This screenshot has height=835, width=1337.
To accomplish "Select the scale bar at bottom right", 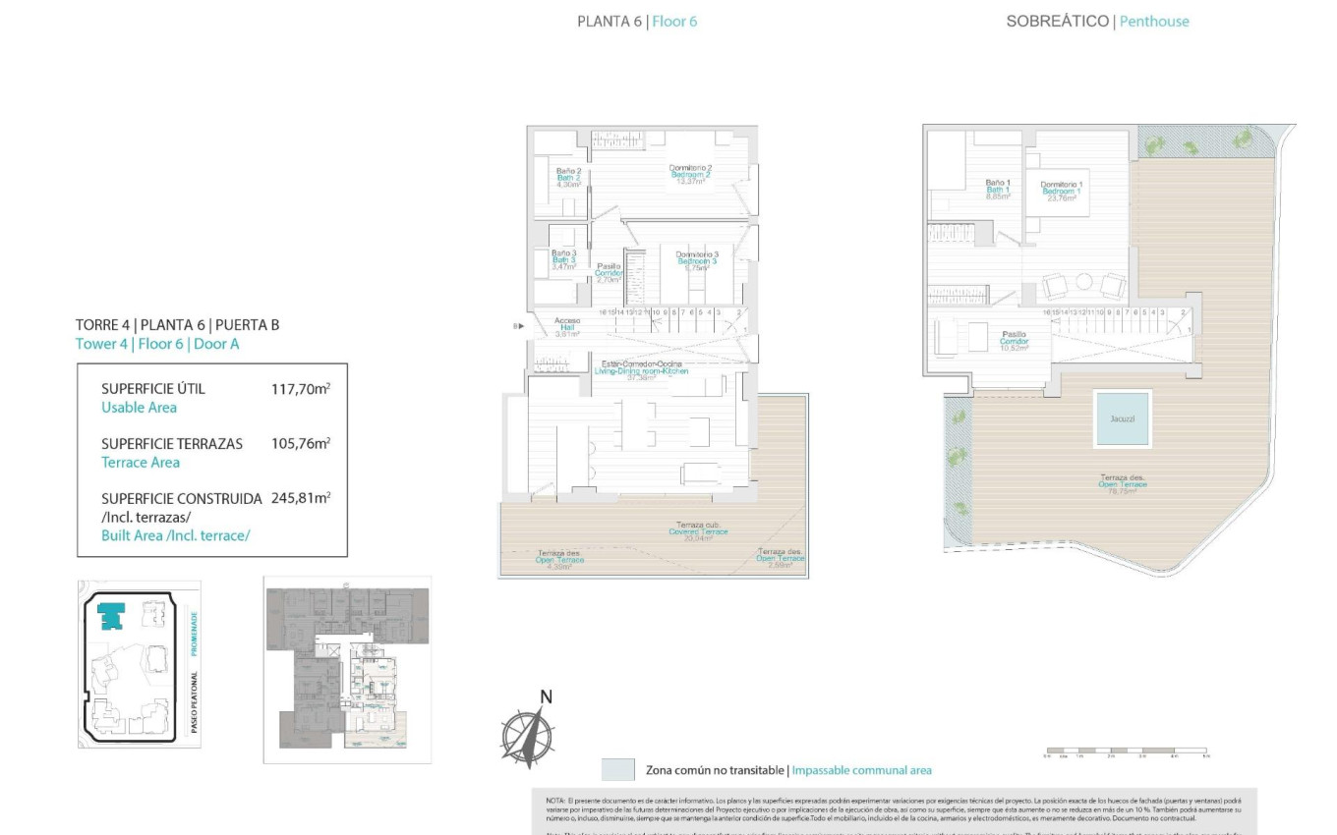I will [x=1125, y=751].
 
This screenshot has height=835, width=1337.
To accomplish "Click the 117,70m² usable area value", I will [x=300, y=389].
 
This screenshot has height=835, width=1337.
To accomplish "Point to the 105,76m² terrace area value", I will [x=300, y=444].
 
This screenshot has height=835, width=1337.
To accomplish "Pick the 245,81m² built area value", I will [x=300, y=498].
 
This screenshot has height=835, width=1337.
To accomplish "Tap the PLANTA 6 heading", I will [x=609, y=21].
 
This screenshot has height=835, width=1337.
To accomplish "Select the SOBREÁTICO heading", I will [x=1057, y=21].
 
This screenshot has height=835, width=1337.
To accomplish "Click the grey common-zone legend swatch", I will [x=617, y=769].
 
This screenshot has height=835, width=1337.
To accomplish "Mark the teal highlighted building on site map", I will [x=112, y=616].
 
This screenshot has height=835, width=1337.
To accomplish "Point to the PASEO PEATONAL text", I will [x=194, y=703].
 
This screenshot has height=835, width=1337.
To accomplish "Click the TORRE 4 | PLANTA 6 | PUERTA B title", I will [x=177, y=324].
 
